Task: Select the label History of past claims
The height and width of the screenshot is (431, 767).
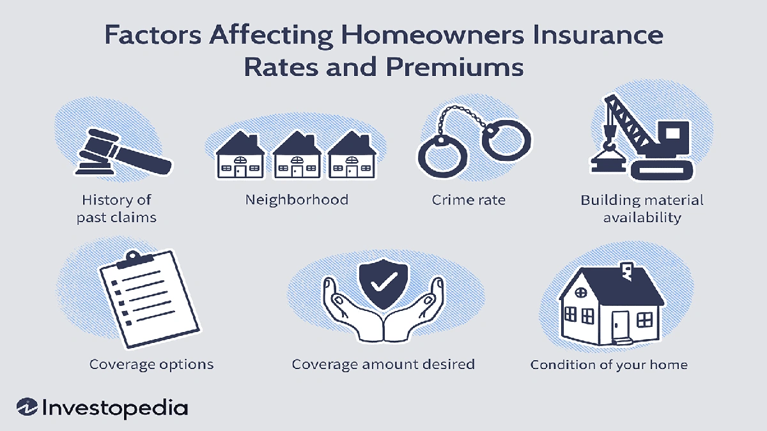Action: tap(116, 209)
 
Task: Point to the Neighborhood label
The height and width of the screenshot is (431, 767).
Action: tap(297, 200)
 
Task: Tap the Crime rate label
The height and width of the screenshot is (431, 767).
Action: tap(469, 200)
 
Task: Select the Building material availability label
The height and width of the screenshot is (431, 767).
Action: tap(642, 209)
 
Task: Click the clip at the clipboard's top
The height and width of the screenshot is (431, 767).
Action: tap(133, 258)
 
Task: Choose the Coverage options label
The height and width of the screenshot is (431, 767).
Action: tap(151, 365)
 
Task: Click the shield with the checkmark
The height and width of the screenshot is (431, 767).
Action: tap(382, 282)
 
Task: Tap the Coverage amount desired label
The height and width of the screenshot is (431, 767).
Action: tap(383, 365)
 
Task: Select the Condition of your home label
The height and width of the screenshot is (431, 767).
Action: tap(609, 365)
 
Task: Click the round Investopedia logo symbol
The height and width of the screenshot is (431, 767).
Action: tap(27, 407)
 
